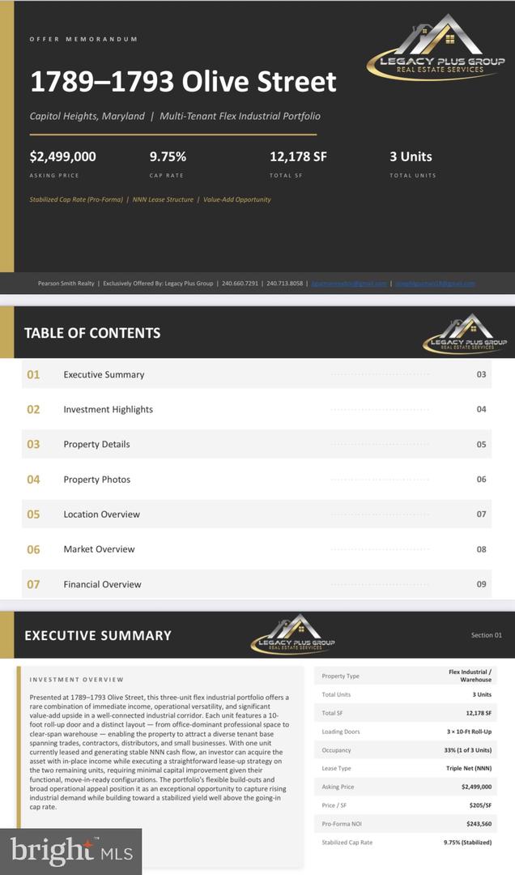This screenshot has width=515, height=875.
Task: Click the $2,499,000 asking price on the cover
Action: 63,157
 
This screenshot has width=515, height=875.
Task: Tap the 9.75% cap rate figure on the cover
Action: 168,157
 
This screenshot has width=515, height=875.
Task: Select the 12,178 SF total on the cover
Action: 298,157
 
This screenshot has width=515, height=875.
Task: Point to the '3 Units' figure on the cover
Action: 411,157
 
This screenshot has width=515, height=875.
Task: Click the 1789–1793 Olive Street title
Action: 183,82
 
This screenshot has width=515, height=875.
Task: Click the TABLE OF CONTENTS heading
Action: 92,333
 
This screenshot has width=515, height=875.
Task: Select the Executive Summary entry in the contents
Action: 104,375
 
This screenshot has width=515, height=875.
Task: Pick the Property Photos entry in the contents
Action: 97,480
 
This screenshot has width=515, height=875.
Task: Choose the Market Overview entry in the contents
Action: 99,549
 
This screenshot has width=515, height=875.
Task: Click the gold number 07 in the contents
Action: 33,584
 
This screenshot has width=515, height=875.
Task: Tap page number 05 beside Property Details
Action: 481,445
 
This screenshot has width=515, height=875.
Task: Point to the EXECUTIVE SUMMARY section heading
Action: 98,636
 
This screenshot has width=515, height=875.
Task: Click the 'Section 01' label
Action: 487,635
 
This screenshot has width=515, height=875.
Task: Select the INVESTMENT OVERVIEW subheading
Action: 77,680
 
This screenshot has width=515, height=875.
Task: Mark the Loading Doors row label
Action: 341,732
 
